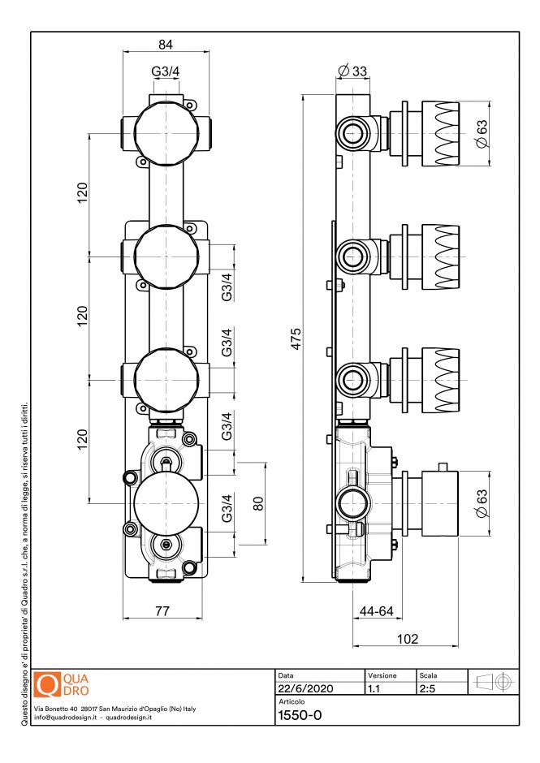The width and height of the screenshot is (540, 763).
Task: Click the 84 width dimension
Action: pyautogui.click(x=166, y=45)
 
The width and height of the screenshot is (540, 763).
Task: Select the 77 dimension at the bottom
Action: pyautogui.click(x=162, y=610)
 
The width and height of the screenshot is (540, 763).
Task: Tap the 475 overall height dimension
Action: pyautogui.click(x=296, y=339)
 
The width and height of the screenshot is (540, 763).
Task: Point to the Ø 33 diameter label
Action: pyautogui.click(x=352, y=71)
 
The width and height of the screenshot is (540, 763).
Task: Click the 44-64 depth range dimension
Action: pyautogui.click(x=377, y=610)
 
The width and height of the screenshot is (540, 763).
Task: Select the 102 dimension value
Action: pyautogui.click(x=407, y=639)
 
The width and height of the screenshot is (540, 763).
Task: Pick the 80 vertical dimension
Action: pyautogui.click(x=258, y=503)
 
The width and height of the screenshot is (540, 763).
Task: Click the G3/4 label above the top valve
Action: pyautogui.click(x=166, y=71)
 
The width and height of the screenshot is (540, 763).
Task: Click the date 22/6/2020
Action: pyautogui.click(x=305, y=688)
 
